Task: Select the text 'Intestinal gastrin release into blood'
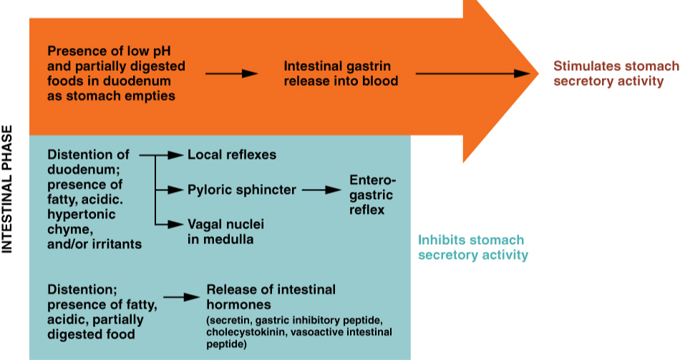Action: (x=341, y=74)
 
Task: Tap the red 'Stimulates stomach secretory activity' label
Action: (x=616, y=74)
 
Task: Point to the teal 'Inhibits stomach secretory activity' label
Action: (x=472, y=248)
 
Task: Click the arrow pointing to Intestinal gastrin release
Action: (x=231, y=74)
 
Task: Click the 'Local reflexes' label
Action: (x=231, y=155)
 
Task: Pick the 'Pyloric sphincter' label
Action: (x=241, y=190)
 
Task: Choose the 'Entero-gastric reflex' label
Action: (x=371, y=194)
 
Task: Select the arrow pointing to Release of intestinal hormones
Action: (x=180, y=296)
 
